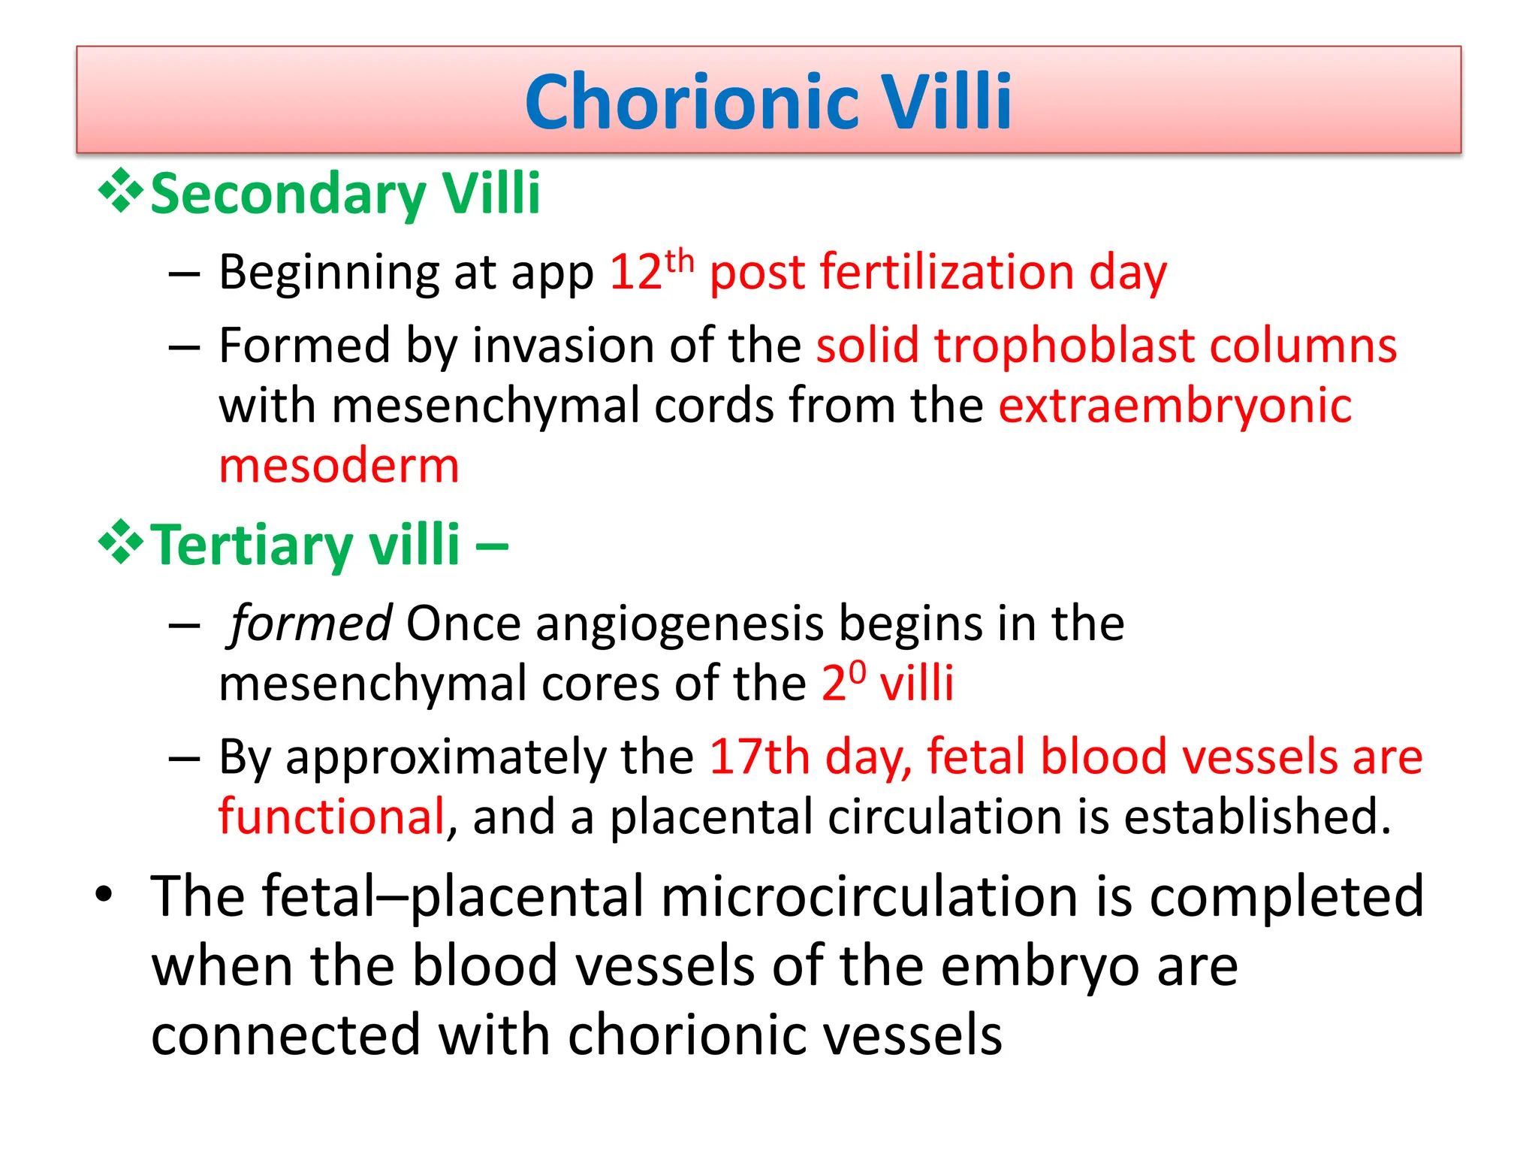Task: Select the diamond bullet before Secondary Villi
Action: point(120,191)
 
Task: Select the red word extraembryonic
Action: point(1175,406)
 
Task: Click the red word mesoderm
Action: point(339,466)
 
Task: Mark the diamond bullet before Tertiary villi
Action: point(120,542)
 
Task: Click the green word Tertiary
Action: point(252,545)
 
